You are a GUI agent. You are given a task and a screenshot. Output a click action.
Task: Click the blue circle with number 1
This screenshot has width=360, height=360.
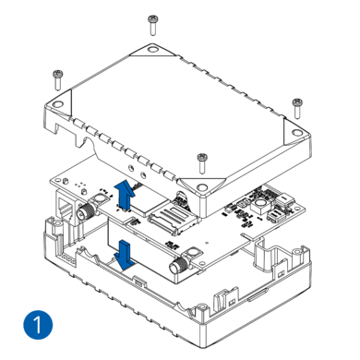pos(38,325)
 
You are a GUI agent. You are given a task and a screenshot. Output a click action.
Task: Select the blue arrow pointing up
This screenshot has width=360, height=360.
pos(125,196)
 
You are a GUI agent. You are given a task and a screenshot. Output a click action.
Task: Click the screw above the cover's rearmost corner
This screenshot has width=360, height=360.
pos(152,25)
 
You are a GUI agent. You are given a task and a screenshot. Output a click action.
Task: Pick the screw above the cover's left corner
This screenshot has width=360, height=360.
pos(58,80)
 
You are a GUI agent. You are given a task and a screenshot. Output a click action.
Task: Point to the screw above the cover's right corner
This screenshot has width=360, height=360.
pos(297,108)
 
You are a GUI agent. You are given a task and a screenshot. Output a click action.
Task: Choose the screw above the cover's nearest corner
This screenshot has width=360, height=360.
pos(202,163)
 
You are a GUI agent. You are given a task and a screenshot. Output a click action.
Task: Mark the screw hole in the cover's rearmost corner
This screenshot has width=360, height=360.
pos(152,49)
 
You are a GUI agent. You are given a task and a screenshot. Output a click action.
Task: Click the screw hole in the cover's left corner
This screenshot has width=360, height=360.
pos(57,104)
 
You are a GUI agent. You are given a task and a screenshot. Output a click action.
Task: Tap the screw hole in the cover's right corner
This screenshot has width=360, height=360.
pos(296,133)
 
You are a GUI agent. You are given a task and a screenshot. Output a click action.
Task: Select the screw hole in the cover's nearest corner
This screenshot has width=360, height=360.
pos(202,186)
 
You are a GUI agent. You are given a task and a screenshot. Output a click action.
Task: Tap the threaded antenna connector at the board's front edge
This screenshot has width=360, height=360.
pos(180,264)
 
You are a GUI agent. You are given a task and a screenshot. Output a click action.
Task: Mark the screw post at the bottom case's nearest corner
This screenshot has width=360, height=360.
pos(201,311)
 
